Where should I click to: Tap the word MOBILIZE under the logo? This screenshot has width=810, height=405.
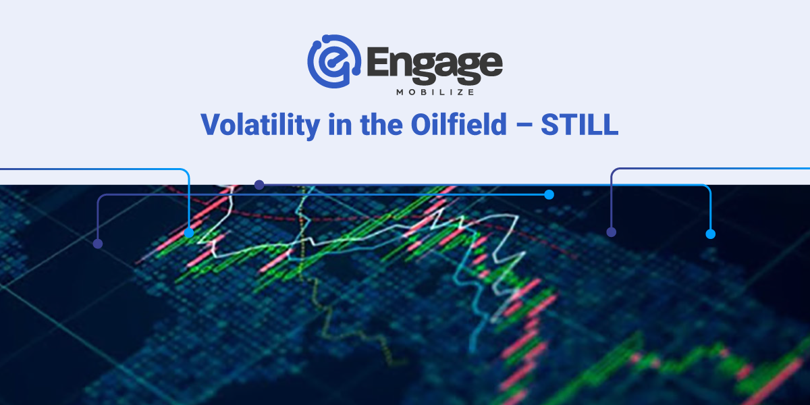pos(435,92)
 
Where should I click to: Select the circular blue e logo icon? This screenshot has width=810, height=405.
pos(334,61)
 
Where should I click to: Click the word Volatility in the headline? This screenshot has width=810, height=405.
pos(261,125)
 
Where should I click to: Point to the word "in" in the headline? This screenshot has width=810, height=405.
pos(340,124)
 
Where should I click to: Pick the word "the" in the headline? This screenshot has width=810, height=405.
pos(381,124)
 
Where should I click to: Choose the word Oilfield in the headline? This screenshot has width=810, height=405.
pos(459,124)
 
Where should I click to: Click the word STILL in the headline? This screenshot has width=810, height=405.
pos(579,125)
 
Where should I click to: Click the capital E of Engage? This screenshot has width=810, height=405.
pos(377,62)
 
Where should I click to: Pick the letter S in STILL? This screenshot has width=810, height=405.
pos(550,125)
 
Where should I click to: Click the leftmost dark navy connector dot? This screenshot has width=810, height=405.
pos(98,244)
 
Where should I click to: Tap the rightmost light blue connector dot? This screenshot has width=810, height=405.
pos(711,234)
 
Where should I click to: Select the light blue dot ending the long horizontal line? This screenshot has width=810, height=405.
pos(549,195)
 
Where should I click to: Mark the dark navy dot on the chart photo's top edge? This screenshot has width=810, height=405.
pos(259,185)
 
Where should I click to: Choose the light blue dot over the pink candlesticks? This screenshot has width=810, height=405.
pos(189,233)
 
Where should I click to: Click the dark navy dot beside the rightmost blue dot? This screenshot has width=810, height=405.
pos(611,232)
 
